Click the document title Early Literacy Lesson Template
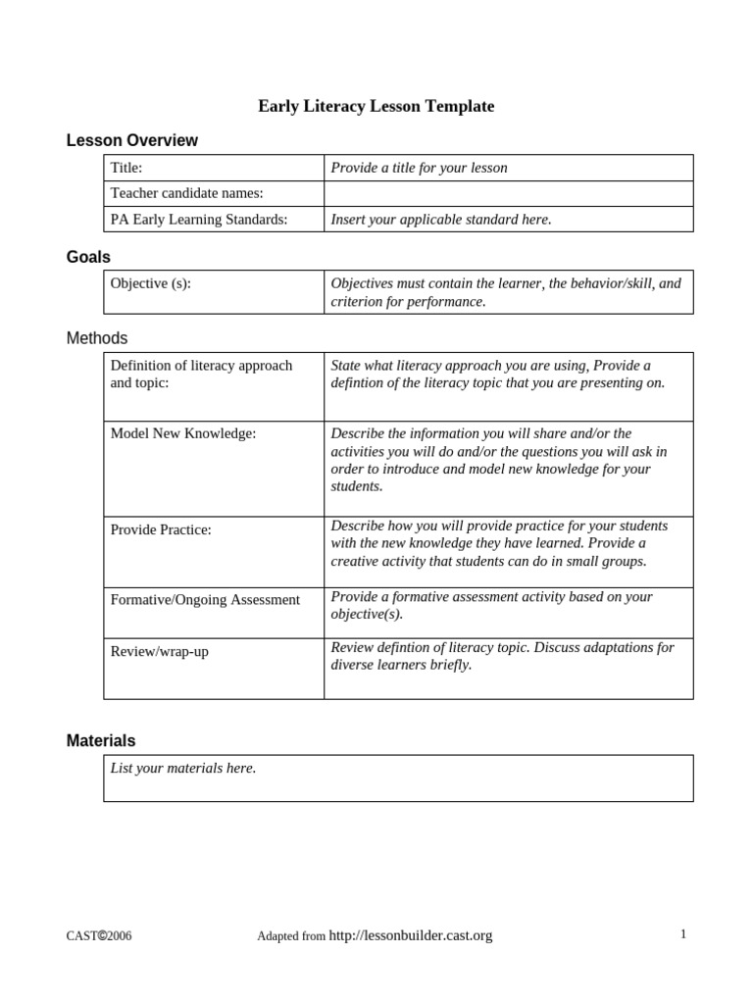coord(376,106)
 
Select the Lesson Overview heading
coord(131,140)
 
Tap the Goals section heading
coord(88,257)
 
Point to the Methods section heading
coord(97,338)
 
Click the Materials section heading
coord(101,740)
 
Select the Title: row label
coord(126,168)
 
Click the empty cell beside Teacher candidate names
coord(508,193)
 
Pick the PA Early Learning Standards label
coord(199,220)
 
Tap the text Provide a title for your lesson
coord(419,168)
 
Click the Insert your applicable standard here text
coord(441,220)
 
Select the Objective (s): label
coord(150,283)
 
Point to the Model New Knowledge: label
coord(183,433)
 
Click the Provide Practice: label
coord(161,529)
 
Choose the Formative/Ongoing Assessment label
coord(205,599)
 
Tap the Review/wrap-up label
coord(159,651)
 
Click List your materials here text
coord(183,768)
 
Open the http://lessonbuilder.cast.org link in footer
coord(411,935)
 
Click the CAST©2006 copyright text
coord(99,936)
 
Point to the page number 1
coord(682,934)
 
